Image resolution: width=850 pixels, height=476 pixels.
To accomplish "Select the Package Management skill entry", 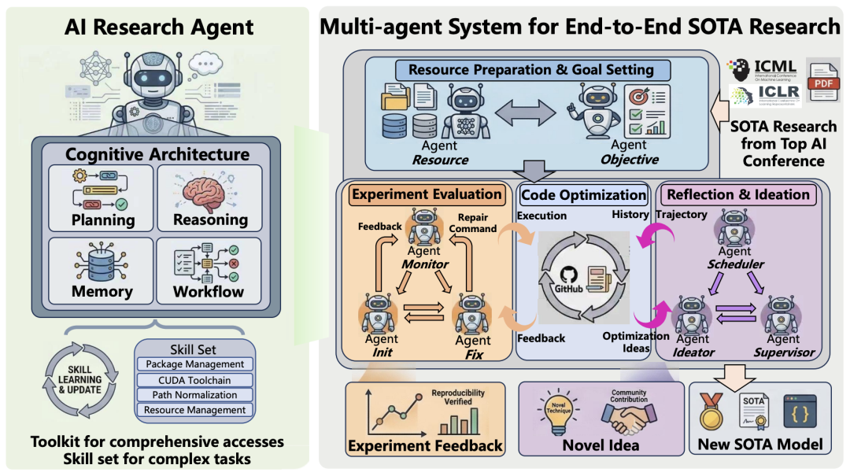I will click(195, 364).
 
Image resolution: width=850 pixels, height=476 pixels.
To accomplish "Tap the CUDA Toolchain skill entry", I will click(195, 380).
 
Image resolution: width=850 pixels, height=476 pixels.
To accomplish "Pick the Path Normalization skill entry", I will click(195, 395).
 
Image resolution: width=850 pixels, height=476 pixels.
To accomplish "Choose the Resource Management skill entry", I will click(195, 410).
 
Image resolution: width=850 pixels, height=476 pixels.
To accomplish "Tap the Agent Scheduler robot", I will click(734, 229).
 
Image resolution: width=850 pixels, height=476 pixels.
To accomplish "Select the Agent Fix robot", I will click(472, 315).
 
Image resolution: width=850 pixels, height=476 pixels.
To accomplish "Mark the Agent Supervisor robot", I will click(782, 314).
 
